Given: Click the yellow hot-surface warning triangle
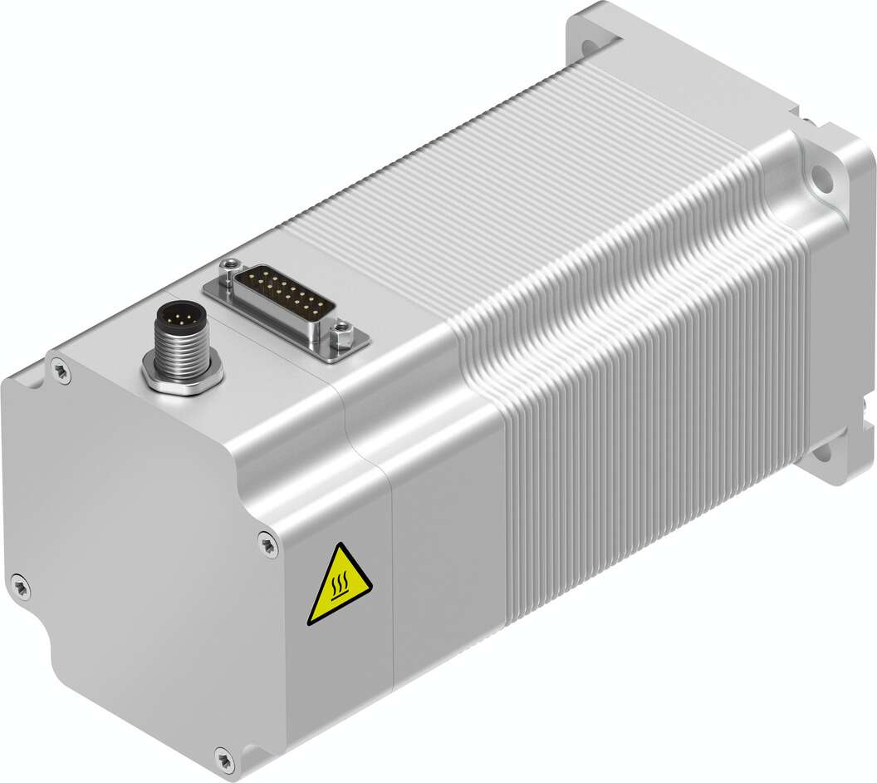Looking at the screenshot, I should [340, 587].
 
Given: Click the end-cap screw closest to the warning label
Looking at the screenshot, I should [267, 544].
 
